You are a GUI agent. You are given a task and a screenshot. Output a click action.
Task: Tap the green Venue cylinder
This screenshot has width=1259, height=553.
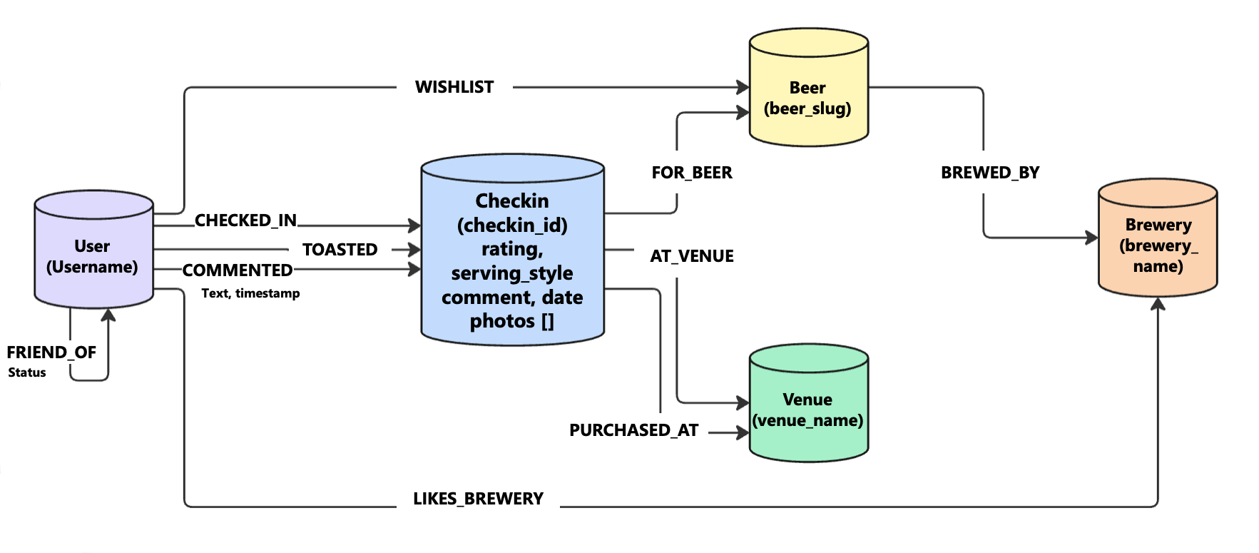pyautogui.click(x=808, y=407)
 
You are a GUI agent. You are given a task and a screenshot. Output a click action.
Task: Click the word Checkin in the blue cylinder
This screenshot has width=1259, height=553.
pyautogui.click(x=512, y=201)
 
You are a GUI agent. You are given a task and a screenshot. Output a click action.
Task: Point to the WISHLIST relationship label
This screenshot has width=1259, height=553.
pyautogui.click(x=454, y=87)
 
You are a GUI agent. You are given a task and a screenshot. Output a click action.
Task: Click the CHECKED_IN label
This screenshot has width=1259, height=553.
pyautogui.click(x=245, y=220)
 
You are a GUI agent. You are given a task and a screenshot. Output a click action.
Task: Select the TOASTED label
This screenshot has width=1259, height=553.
pyautogui.click(x=340, y=250)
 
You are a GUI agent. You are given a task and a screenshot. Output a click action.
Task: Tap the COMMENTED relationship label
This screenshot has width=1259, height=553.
pyautogui.click(x=238, y=270)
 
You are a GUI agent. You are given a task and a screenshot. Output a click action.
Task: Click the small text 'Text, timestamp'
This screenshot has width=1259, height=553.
pyautogui.click(x=250, y=293)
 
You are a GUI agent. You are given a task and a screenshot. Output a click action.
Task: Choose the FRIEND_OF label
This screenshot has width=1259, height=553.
pyautogui.click(x=51, y=352)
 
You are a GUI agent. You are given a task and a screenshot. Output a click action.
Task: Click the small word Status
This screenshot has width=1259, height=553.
pyautogui.click(x=27, y=372)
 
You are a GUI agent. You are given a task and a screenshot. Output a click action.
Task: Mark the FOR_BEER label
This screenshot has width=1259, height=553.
pyautogui.click(x=691, y=173)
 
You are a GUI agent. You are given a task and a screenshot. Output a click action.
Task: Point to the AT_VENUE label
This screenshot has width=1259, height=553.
pyautogui.click(x=691, y=256)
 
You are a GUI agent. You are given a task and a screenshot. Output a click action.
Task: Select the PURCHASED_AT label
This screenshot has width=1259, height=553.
pyautogui.click(x=633, y=430)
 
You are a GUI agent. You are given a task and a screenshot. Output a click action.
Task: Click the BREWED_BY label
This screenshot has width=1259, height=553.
pyautogui.click(x=990, y=173)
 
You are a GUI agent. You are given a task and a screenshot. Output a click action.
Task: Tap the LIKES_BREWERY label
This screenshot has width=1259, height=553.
pyautogui.click(x=478, y=499)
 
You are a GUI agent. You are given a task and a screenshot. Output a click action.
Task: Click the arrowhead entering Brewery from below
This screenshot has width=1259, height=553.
pyautogui.click(x=1158, y=304)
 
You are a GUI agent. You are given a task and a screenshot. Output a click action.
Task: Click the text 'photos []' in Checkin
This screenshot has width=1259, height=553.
pyautogui.click(x=511, y=321)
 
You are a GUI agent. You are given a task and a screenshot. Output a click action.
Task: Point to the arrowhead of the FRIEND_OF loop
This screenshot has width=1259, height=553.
pyautogui.click(x=108, y=315)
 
